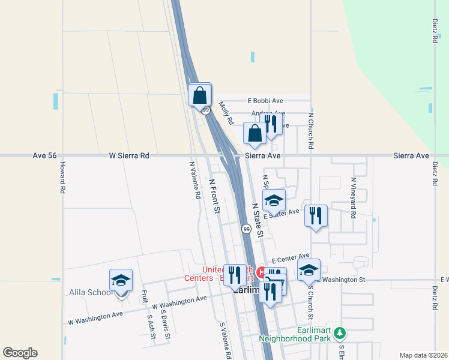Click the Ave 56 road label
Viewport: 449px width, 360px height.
click(44, 155)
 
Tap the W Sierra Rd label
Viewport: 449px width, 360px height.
click(129, 155)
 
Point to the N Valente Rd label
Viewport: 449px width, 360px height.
click(194, 180)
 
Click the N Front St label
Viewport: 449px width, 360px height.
click(215, 195)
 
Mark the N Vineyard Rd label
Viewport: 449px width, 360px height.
click(354, 197)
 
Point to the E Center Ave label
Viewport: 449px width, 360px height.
click(290, 258)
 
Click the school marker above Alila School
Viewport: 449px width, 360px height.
click(121, 280)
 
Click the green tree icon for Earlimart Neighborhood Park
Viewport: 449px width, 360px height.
click(340, 332)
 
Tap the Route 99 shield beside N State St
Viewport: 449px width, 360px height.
click(247, 229)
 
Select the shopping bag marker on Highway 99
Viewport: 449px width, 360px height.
click(200, 95)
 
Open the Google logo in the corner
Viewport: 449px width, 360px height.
click(20, 353)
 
